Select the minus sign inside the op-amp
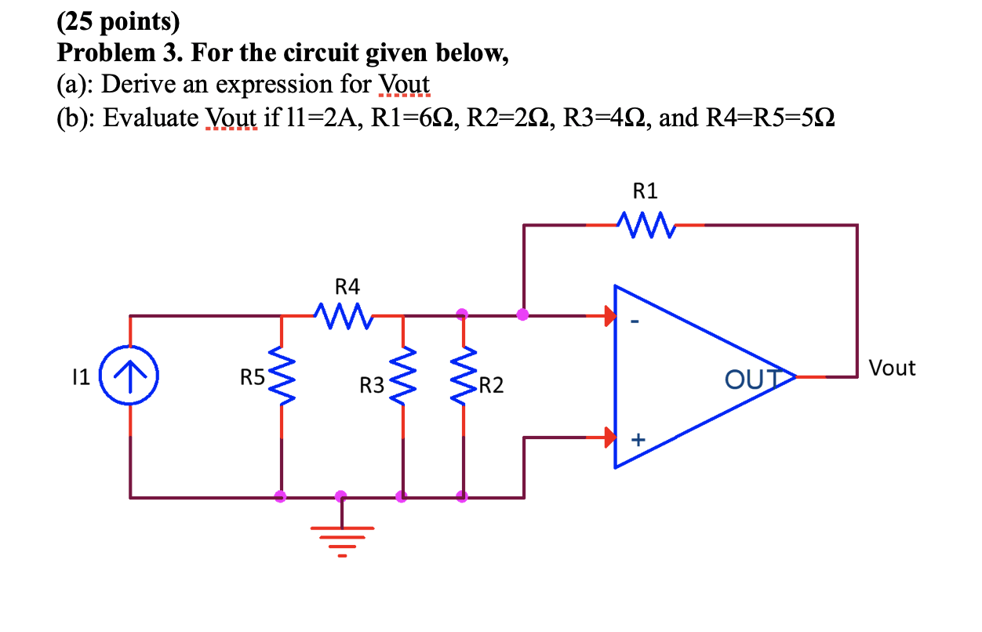(x=637, y=321)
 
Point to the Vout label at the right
(x=893, y=368)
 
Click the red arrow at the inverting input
(x=609, y=317)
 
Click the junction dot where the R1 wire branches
(x=523, y=315)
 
